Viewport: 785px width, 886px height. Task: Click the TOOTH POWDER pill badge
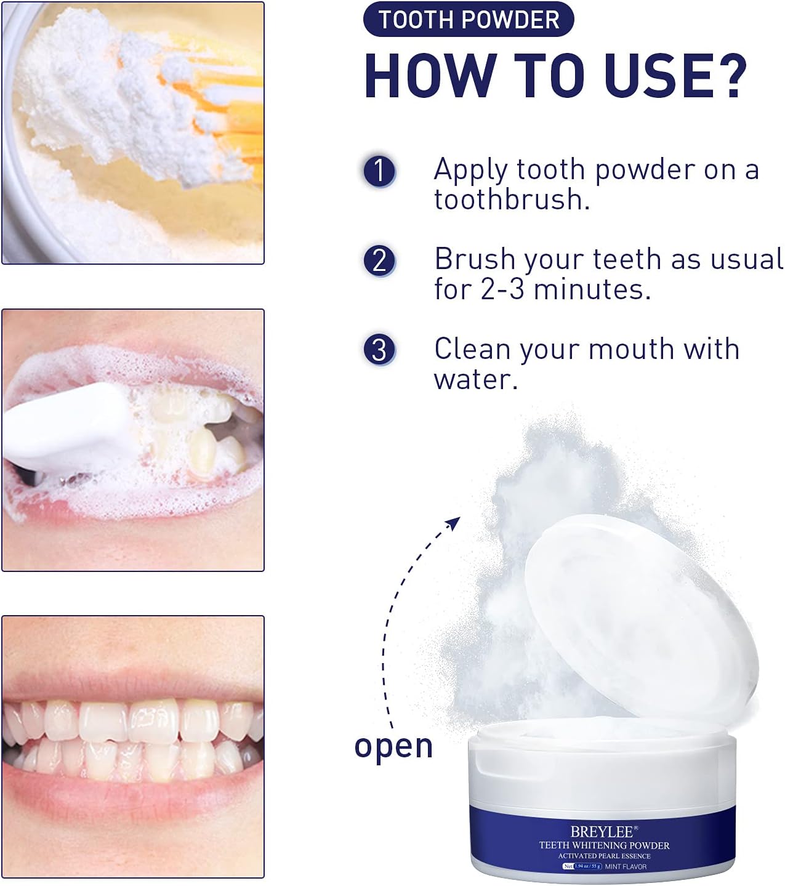469,20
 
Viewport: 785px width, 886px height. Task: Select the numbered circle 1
379,171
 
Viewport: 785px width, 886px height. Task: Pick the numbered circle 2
379,260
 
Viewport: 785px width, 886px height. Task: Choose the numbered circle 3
379,350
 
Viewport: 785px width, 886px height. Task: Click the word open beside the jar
393,746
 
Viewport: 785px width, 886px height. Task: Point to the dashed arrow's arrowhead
454,523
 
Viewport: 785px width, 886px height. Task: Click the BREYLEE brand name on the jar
602,832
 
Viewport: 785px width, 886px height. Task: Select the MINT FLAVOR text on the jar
626,866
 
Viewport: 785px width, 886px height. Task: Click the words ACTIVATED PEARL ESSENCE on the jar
604,856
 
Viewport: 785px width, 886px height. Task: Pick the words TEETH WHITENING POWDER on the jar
604,845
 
